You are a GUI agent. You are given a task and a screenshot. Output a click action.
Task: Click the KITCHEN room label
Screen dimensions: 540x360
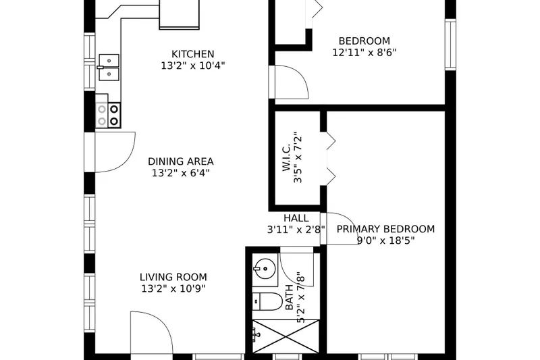tap(193, 54)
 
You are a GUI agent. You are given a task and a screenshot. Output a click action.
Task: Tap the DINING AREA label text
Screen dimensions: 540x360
tap(181, 161)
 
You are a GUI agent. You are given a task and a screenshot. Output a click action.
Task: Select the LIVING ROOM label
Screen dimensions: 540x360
tap(173, 277)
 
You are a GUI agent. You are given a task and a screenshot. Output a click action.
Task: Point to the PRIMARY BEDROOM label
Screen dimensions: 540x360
tap(385, 229)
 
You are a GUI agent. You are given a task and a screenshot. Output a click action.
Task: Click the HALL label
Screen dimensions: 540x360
tap(296, 218)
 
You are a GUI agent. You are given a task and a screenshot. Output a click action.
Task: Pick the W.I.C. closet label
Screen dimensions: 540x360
tap(286, 157)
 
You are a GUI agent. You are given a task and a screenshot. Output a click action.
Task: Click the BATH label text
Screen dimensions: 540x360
tap(290, 297)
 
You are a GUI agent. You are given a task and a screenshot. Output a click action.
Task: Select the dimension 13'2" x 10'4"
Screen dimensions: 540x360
tap(193, 66)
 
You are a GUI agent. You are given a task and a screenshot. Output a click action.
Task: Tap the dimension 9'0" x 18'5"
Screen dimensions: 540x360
tap(385, 240)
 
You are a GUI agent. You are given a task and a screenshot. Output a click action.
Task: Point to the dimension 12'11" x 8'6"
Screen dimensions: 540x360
tap(364, 53)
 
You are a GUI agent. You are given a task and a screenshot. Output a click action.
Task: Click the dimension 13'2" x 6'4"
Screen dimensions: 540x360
tap(181, 173)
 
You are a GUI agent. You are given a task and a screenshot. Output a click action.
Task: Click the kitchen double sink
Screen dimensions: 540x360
tap(108, 67)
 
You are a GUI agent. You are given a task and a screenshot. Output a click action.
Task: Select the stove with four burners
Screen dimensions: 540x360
tap(108, 115)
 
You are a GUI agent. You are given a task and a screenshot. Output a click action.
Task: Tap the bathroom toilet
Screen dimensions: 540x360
tap(267, 302)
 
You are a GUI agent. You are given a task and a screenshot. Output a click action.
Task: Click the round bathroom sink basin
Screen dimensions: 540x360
tap(264, 268)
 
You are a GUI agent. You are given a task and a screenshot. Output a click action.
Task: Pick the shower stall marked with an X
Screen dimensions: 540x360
tap(286, 336)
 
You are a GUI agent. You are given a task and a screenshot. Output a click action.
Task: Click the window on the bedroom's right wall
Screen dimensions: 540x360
tap(450, 44)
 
